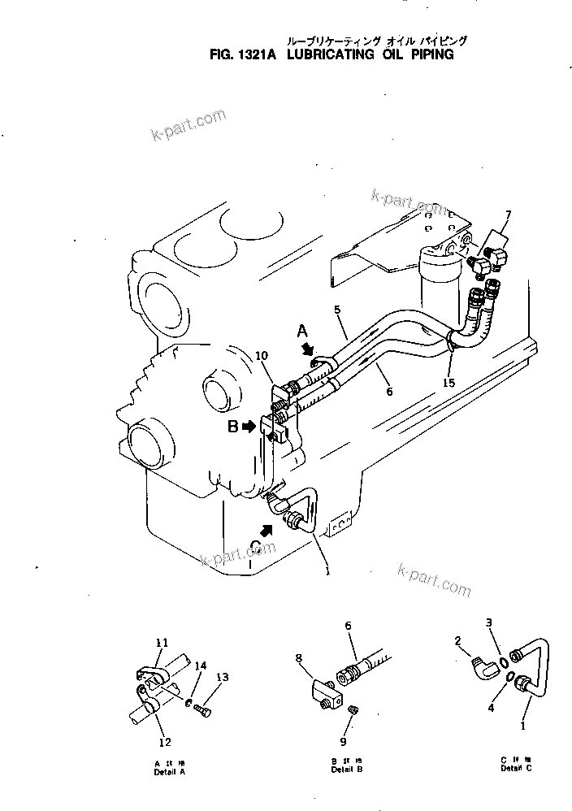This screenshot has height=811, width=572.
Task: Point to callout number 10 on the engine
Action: click(x=263, y=356)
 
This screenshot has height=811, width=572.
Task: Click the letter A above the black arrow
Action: click(x=301, y=332)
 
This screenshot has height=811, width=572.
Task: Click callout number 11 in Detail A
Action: click(x=161, y=642)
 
